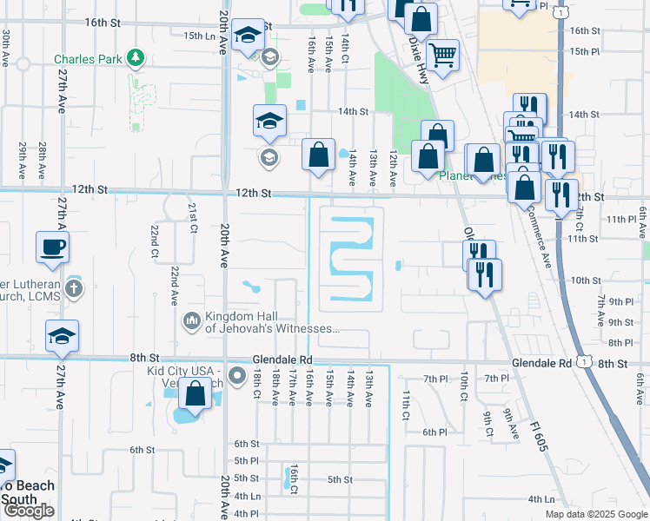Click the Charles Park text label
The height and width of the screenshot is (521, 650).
(89, 60)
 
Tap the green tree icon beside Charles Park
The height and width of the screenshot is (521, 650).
(135, 59)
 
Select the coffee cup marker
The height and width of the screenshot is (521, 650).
(52, 247)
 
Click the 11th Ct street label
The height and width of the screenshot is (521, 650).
(405, 405)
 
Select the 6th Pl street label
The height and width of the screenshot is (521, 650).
(434, 432)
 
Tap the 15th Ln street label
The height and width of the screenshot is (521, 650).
(199, 35)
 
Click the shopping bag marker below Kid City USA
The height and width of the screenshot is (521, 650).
(196, 394)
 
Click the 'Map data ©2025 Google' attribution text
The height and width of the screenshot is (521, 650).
(595, 514)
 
